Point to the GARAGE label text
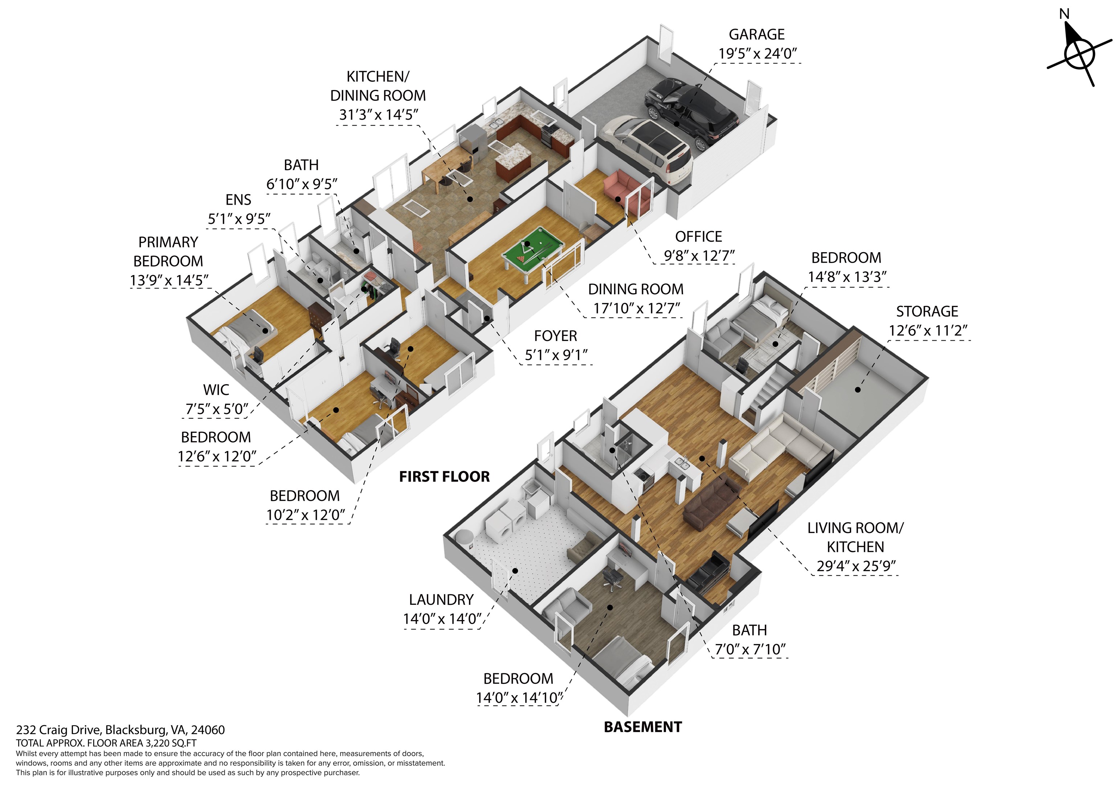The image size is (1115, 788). click(x=757, y=34)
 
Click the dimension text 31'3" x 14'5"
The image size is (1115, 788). click(x=378, y=115)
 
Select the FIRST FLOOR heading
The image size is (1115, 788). click(x=444, y=477)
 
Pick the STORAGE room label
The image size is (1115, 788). click(x=927, y=311)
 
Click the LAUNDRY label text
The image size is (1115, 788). click(x=441, y=600)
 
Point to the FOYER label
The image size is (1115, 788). click(x=556, y=336)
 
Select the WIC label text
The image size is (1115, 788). click(x=216, y=390)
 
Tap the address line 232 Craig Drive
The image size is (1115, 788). click(x=121, y=730)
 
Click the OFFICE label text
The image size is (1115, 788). click(x=698, y=237)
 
